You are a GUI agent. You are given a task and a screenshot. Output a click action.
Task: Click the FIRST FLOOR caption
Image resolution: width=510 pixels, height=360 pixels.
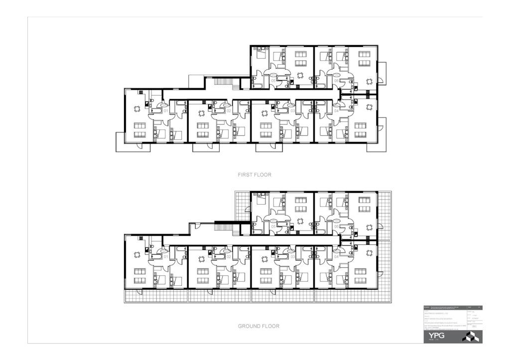point(254,175)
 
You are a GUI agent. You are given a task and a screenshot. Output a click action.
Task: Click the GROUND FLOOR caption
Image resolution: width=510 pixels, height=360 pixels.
point(258,326)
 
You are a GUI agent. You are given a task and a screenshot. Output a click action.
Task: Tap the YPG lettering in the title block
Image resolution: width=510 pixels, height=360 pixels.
point(434,337)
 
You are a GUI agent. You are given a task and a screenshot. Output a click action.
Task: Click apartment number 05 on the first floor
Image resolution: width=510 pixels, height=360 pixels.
point(273,80)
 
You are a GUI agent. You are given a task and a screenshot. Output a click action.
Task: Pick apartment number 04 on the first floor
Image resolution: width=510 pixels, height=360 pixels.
point(336,111)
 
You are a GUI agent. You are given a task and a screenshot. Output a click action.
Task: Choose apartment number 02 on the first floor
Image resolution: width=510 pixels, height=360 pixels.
point(229,111)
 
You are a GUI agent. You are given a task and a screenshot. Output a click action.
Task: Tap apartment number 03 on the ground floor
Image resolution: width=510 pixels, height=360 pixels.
point(292,257)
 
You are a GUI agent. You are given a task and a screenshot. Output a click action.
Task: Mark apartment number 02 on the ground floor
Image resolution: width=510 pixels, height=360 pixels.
point(229,257)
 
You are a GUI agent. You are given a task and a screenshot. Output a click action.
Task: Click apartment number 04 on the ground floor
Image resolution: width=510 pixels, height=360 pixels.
point(336,257)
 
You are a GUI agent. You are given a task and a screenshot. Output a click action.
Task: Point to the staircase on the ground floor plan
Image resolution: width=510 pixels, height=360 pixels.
point(224,228)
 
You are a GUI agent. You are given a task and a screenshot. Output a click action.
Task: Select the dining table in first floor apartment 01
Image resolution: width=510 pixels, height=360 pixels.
point(137,109)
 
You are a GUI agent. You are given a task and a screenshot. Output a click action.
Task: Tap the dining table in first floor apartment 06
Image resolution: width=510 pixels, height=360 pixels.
point(369,81)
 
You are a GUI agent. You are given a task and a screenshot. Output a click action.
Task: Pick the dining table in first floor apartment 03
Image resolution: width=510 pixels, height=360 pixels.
point(264,113)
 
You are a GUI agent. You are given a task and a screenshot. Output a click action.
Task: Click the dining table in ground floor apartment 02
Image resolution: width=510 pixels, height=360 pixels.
point(201,258)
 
